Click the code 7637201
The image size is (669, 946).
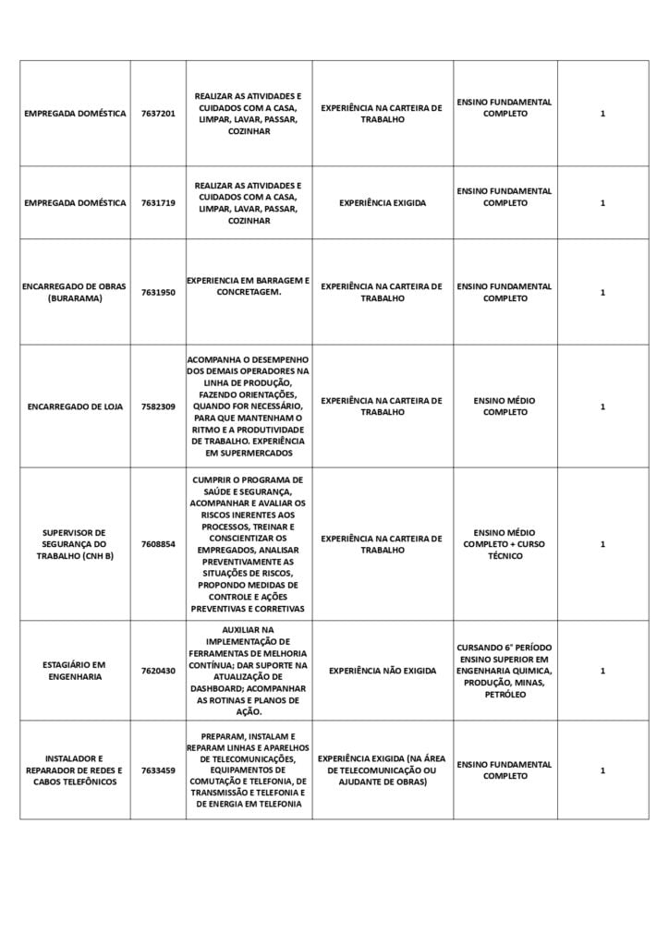coord(158,114)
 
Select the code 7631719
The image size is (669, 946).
coord(158,203)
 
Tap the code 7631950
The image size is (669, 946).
coord(158,292)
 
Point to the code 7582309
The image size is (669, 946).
coord(158,406)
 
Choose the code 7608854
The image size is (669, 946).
coord(158,544)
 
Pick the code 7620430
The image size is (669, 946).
coord(158,671)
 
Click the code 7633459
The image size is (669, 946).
coord(158,770)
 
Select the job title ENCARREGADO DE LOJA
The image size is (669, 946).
coord(75,406)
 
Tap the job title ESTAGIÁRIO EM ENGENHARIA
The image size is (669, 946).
coord(75,671)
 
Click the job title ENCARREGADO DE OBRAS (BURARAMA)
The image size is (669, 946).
coord(75,292)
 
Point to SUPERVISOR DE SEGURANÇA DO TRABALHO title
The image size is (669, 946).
coord(75,544)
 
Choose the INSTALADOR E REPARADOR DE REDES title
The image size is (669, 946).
coord(75,770)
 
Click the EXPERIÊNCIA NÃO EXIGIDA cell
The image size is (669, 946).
coord(383,671)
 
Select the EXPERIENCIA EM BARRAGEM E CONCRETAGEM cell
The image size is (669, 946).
coord(249,285)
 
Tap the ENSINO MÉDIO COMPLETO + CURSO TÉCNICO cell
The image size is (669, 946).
coord(505,544)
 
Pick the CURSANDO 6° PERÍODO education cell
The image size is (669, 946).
coord(505,671)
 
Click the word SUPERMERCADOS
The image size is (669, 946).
coord(249,454)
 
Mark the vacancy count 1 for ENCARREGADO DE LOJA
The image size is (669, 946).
coord(602,406)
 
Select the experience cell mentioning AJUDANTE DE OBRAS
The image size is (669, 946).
coord(383,770)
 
